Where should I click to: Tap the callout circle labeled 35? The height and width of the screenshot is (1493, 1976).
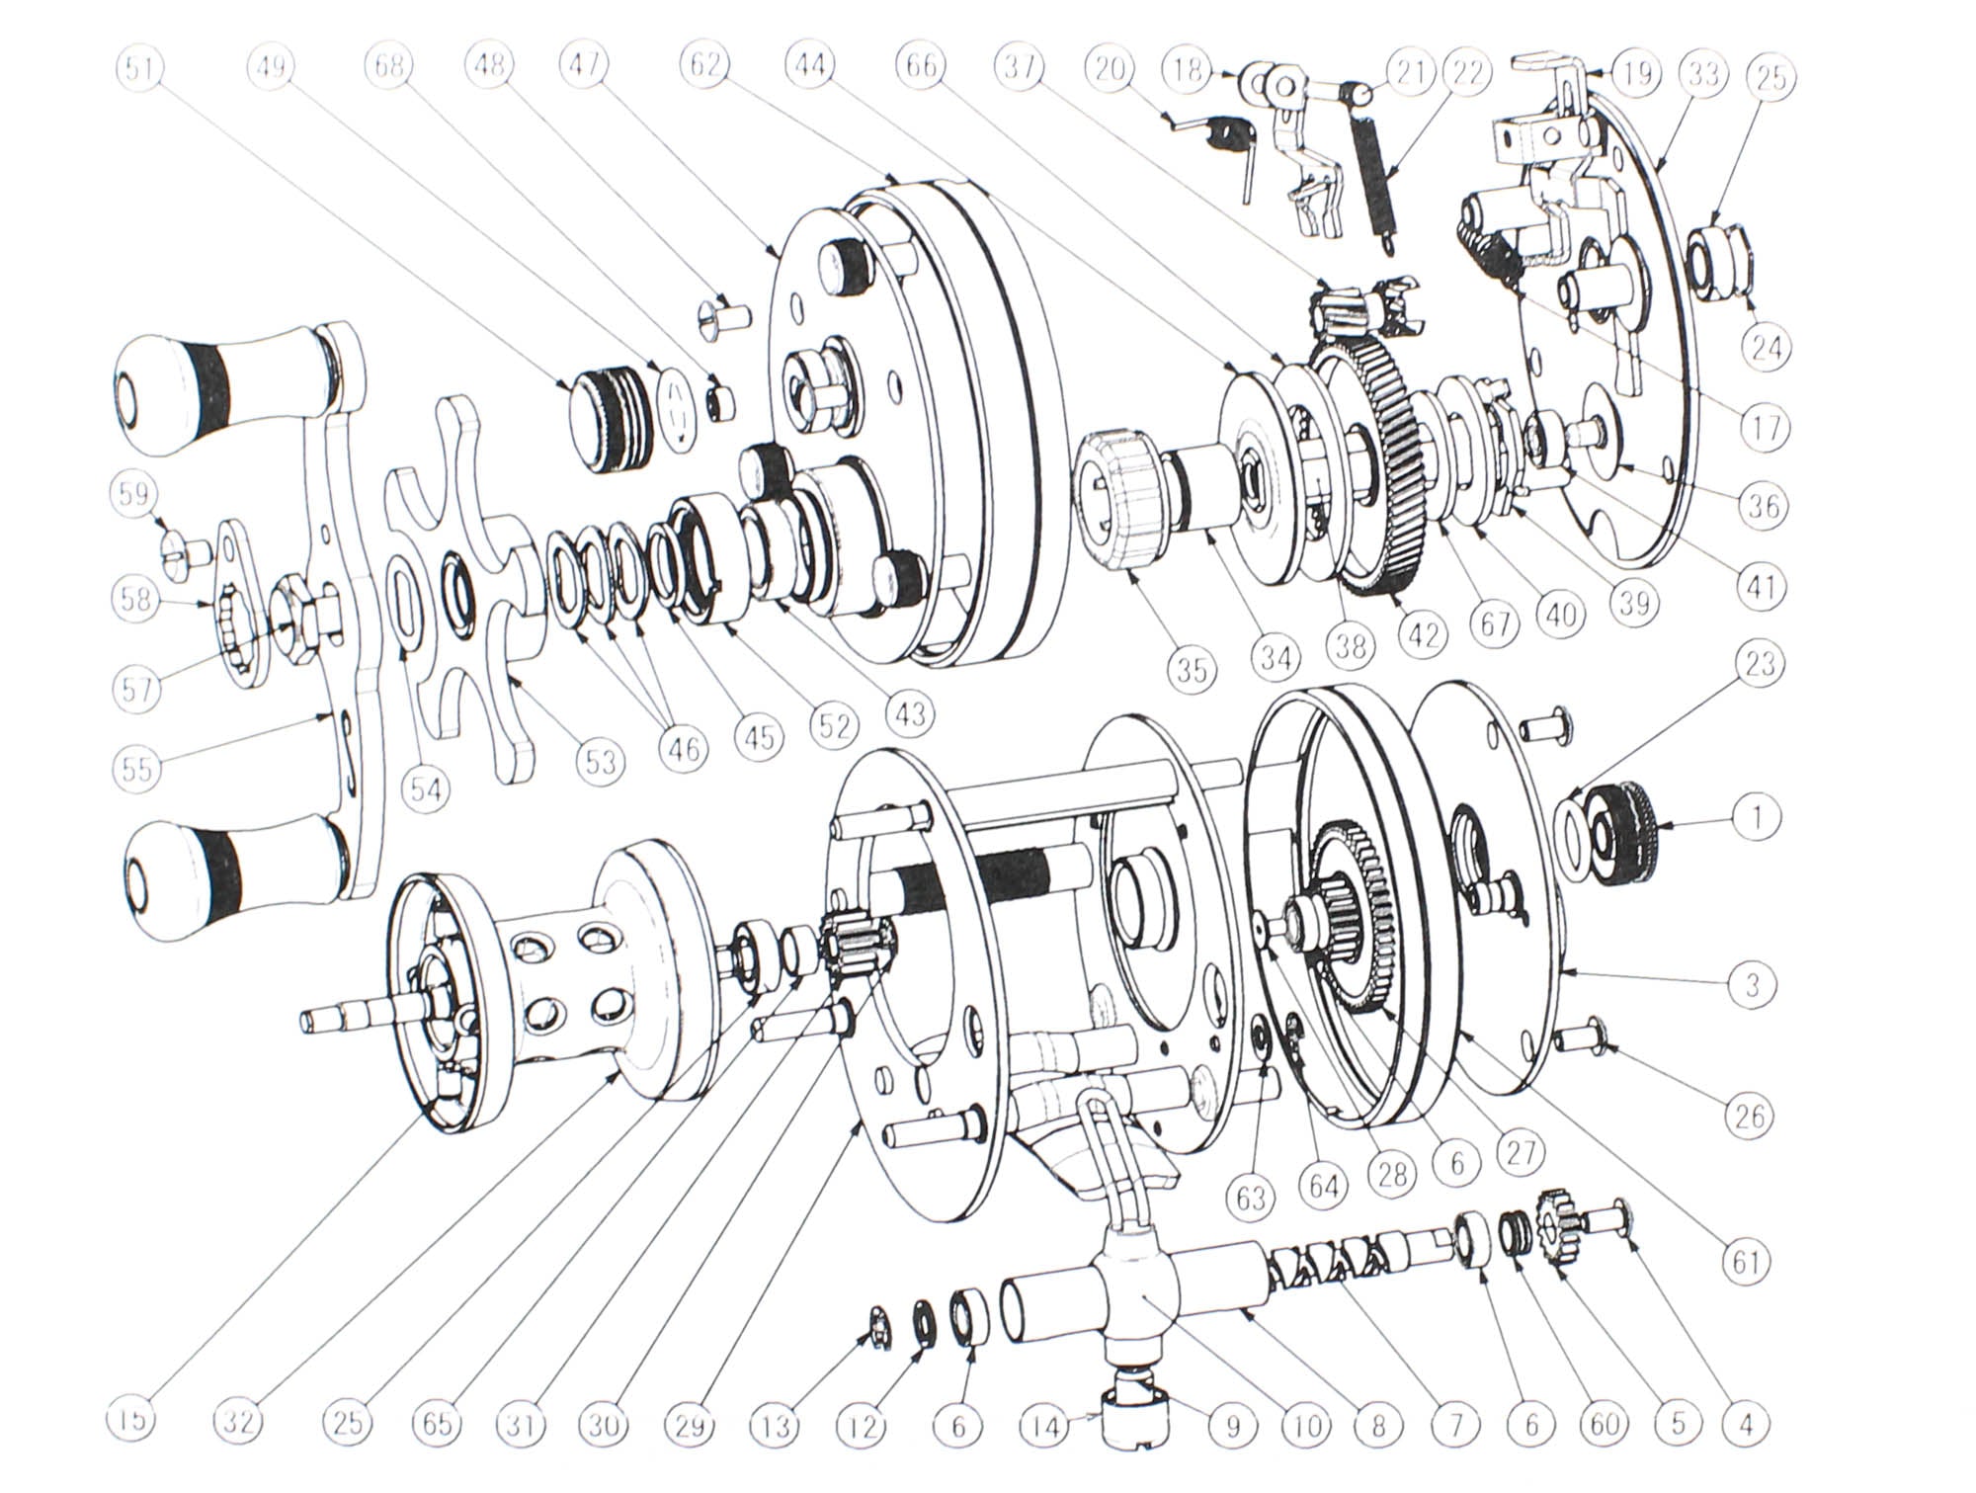click(1192, 669)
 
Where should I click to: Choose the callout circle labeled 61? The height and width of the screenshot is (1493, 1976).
click(1746, 1262)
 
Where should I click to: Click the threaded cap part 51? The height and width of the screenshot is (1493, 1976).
click(605, 415)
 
